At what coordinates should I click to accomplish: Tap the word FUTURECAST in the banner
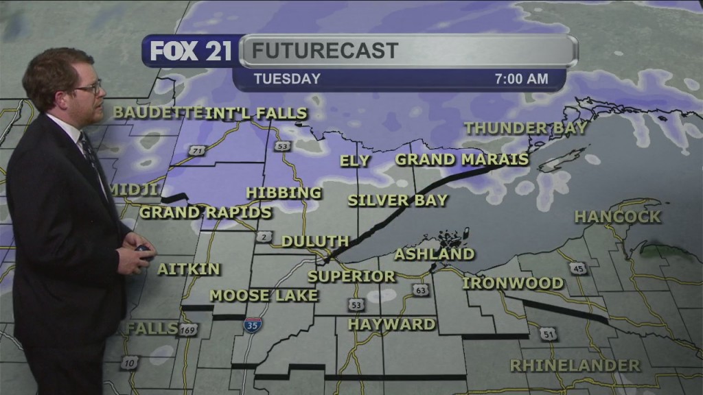click(x=325, y=50)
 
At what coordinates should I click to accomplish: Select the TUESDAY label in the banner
click(x=287, y=79)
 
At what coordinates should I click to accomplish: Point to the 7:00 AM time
click(x=522, y=79)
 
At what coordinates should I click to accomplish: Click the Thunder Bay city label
click(x=526, y=128)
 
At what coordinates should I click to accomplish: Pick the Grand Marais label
click(x=462, y=160)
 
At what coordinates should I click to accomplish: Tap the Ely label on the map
click(x=355, y=161)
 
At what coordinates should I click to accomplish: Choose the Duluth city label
click(x=315, y=241)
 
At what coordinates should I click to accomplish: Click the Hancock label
click(x=618, y=217)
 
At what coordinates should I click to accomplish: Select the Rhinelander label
click(x=575, y=366)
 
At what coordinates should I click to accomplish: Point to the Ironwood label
click(x=513, y=283)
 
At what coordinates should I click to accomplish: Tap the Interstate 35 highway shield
click(x=252, y=324)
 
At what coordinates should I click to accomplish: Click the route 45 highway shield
click(x=578, y=268)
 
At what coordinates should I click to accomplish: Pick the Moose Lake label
click(x=264, y=296)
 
